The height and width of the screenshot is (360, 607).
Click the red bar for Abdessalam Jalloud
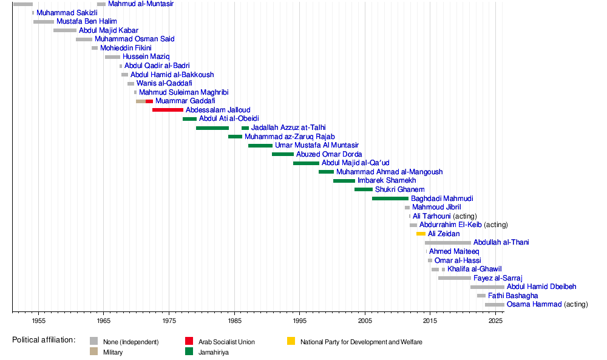[168, 110]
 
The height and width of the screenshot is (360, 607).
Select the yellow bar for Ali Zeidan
[421, 234]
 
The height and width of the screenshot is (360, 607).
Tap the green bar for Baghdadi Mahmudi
[390, 199]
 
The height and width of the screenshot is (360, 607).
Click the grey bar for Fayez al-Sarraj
[454, 278]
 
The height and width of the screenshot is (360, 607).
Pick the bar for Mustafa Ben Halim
[44, 21]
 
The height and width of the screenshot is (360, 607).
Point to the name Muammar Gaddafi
[185, 101]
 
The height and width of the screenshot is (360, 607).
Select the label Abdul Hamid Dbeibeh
[541, 287]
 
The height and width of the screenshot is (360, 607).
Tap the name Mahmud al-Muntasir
[140, 4]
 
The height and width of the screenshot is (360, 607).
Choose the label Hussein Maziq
[146, 56]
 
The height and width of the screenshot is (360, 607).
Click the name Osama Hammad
[534, 304]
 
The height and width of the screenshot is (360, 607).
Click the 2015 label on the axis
[430, 320]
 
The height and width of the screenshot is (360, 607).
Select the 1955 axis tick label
[38, 320]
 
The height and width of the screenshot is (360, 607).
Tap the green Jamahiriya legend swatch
[190, 352]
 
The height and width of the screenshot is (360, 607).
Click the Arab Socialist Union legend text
[226, 342]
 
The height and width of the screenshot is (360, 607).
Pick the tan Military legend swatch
[93, 352]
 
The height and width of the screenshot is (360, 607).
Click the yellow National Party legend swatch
[291, 342]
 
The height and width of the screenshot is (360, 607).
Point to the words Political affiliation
[44, 340]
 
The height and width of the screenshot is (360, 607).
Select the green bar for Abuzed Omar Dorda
[283, 154]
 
